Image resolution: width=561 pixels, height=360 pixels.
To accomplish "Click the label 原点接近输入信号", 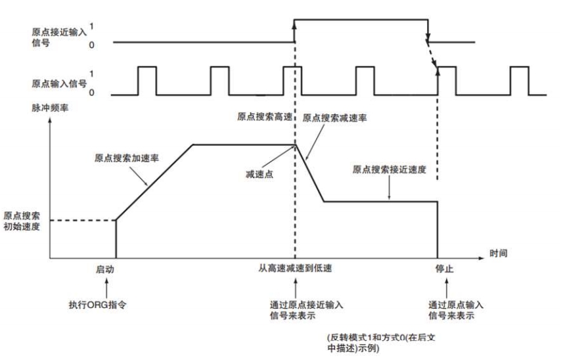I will point(58,36).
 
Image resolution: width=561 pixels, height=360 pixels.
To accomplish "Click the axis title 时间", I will point(498,252).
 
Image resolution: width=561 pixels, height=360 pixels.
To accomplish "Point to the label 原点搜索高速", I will point(263,117).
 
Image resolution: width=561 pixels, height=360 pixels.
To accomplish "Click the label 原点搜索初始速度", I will point(22,220).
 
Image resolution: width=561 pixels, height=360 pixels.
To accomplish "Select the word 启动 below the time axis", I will point(116,269).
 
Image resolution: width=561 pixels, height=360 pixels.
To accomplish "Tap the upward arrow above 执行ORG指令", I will point(116,287).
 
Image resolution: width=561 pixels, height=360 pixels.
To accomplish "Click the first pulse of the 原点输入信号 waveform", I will point(146,80).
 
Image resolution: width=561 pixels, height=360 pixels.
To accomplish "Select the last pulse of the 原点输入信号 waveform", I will point(520,80).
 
